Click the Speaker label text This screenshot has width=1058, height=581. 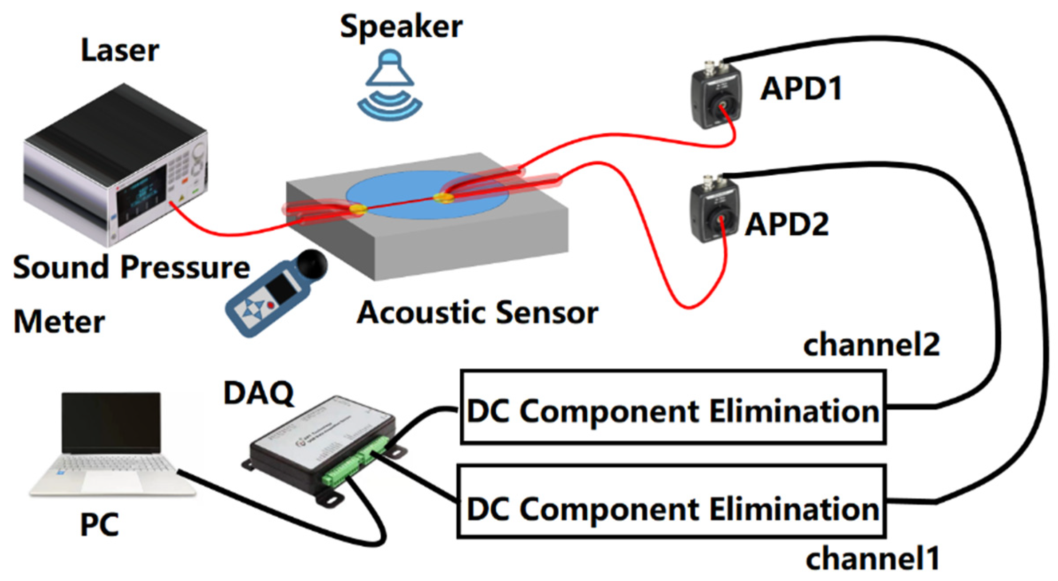(x=401, y=27)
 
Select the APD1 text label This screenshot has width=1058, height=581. (x=801, y=89)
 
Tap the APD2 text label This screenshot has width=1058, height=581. (x=786, y=224)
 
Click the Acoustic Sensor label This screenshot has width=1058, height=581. (x=478, y=312)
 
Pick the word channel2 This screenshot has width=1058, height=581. (x=871, y=344)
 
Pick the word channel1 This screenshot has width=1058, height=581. (x=872, y=558)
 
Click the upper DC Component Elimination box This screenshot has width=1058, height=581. (x=673, y=407)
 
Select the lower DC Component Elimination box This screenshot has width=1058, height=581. (x=671, y=502)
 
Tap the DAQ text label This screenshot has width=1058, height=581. (x=259, y=393)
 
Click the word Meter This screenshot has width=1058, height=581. (x=59, y=321)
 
